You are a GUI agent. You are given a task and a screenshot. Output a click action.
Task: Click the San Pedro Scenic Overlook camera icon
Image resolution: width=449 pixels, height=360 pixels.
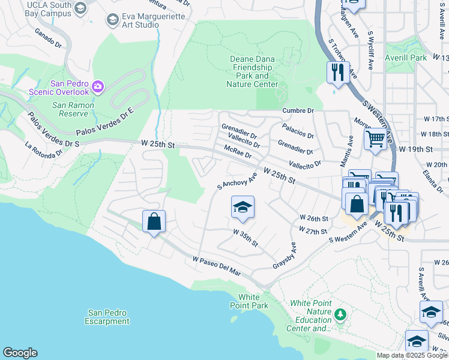98,88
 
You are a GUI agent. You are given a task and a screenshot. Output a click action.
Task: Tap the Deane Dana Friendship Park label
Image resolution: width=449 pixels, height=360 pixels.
252,71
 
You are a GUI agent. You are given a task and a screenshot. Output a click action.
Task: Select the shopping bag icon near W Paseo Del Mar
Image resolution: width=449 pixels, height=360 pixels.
154,221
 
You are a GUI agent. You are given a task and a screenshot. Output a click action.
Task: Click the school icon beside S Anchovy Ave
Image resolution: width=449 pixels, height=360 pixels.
243,208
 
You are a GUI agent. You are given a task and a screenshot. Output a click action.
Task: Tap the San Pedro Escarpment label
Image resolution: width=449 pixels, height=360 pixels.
109,317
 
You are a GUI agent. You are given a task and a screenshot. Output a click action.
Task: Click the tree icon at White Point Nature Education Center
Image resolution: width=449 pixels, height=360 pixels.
340,314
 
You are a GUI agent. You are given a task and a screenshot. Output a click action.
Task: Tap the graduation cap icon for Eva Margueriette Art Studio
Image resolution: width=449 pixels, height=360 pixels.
112,20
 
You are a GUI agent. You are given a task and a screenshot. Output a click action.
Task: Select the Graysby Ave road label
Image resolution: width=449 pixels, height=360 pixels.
285,256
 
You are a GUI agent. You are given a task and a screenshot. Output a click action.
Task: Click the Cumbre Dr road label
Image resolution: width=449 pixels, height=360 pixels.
298,111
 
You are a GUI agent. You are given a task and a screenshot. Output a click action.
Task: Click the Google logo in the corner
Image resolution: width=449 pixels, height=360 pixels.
20,353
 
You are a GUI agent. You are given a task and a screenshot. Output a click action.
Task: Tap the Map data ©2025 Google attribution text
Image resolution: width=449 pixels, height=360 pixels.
411,355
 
